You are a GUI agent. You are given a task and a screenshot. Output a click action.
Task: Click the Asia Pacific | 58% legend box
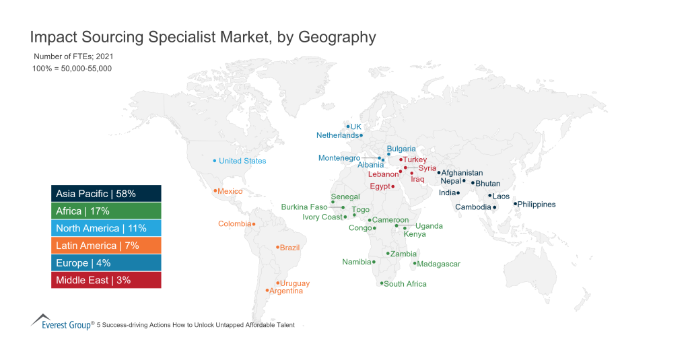[x=106, y=194]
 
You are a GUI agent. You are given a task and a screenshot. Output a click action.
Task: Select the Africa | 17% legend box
[x=106, y=211]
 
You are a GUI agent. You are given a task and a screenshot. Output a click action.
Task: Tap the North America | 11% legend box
[x=106, y=228]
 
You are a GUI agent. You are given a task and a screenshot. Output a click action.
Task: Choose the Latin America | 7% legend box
[x=106, y=246]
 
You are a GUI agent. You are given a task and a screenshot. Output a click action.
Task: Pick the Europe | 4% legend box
[x=106, y=262]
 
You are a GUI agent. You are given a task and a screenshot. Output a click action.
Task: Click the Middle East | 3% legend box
[x=106, y=280]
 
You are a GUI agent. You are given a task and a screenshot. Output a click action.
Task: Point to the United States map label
[x=242, y=161]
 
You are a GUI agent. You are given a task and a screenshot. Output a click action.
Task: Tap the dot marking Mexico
[x=215, y=191]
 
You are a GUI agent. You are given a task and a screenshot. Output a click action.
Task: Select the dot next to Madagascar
[x=415, y=263]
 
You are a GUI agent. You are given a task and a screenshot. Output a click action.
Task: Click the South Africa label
[x=405, y=284]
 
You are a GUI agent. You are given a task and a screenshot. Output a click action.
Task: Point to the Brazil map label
[x=289, y=248]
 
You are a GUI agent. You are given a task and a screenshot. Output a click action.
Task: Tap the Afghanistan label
[x=462, y=173]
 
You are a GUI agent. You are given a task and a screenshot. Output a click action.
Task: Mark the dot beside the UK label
[x=347, y=126]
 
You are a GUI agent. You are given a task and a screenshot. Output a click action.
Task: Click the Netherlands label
[x=337, y=135]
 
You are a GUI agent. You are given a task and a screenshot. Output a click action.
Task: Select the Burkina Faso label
[x=304, y=207]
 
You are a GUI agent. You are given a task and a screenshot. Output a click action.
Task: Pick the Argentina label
[x=286, y=291]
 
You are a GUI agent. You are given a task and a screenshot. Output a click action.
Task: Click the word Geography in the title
[x=332, y=36]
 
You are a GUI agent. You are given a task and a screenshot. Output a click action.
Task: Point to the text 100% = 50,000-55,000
[x=72, y=69]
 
